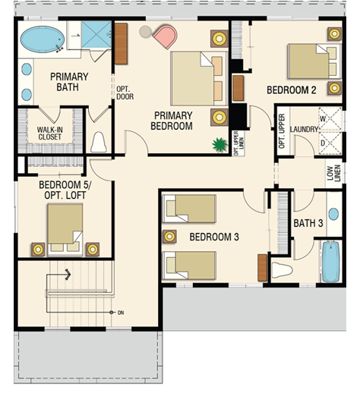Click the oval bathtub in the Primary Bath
click(43, 39)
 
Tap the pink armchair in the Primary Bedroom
click(166, 36)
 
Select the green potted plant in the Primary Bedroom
click(219, 145)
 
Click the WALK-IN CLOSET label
click(49, 134)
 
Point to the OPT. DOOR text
click(125, 93)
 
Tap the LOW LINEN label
click(334, 173)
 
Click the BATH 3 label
click(308, 223)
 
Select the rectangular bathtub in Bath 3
click(330, 262)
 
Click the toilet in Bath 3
click(282, 270)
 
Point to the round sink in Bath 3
click(333, 214)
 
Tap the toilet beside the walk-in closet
click(98, 142)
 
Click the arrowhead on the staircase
click(68, 275)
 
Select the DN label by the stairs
click(121, 313)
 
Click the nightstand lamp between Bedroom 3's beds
click(169, 237)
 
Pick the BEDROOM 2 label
click(292, 90)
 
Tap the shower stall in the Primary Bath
click(96, 34)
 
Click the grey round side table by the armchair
click(145, 32)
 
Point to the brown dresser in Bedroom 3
click(262, 268)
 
